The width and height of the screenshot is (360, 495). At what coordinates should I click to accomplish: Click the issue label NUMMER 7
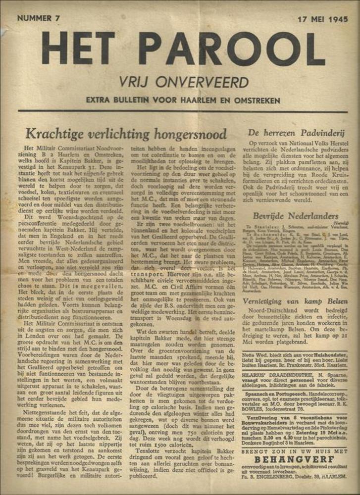click(38, 18)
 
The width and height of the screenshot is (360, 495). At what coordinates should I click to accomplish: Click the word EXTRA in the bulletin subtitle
click(100, 100)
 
